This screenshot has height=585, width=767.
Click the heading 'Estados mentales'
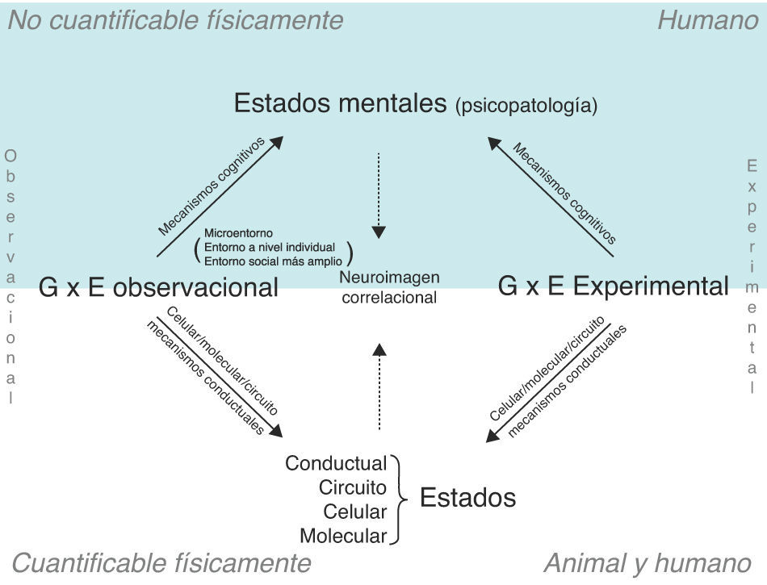tap(340, 103)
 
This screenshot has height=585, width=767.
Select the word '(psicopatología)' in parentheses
tap(526, 106)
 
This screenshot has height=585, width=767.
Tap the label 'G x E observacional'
tap(158, 287)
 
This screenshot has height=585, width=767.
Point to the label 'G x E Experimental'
tap(613, 286)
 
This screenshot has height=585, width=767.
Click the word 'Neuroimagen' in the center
tap(389, 278)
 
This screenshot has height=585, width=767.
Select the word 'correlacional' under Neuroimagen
tap(389, 298)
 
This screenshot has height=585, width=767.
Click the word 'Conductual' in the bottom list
tap(336, 464)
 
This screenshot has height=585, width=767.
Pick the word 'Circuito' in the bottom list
tap(352, 488)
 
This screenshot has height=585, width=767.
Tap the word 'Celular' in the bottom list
tap(354, 512)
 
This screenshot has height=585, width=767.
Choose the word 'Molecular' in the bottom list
tap(343, 536)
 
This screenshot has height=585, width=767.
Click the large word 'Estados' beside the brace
tap(467, 498)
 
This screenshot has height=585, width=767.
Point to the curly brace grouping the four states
tap(399, 499)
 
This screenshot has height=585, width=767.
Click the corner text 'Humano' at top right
tap(707, 20)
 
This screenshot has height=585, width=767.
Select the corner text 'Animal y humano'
tap(648, 563)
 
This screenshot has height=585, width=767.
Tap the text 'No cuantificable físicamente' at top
tap(175, 20)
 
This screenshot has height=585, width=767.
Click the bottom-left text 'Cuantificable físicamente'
tap(161, 563)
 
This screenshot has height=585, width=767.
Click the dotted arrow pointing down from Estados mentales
tap(379, 194)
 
